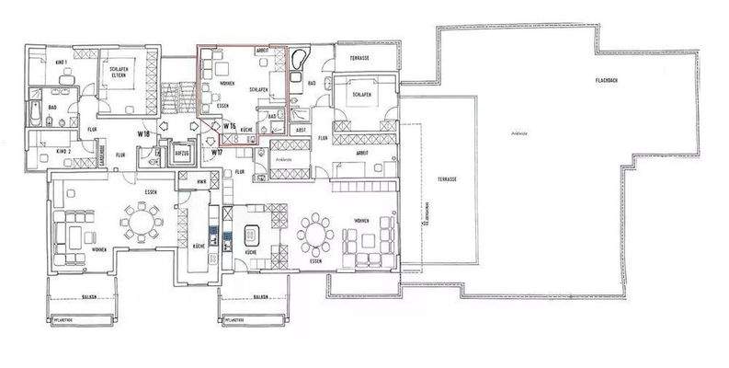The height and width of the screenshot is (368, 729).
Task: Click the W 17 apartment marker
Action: tap(218, 151)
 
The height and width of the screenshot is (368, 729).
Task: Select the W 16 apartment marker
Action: tap(230, 124)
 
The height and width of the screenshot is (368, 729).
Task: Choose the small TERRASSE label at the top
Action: tap(359, 59)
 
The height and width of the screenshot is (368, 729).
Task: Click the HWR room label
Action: tap(201, 184)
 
